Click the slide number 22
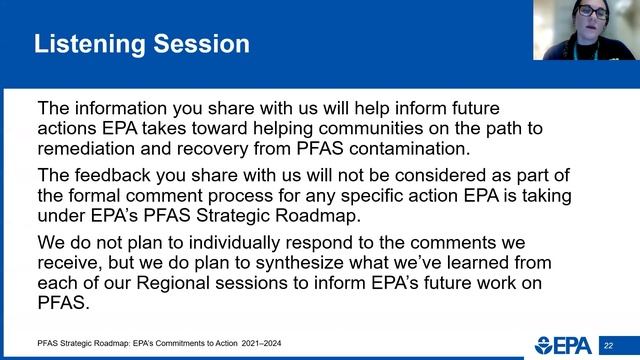point(607,345)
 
